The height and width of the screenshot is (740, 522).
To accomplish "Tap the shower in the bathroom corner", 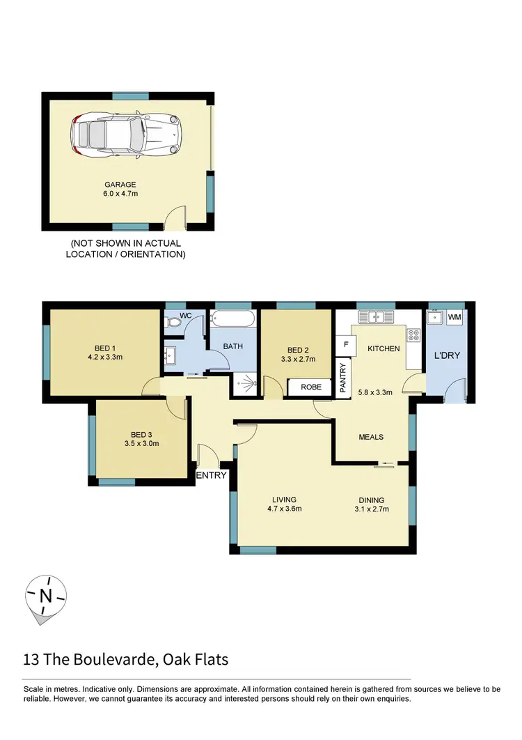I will pyautogui.click(x=245, y=381).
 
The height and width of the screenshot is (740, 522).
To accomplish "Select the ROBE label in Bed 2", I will pyautogui.click(x=310, y=387).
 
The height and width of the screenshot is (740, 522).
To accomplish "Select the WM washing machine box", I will pyautogui.click(x=455, y=318).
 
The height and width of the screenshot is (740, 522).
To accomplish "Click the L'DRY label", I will pyautogui.click(x=446, y=355).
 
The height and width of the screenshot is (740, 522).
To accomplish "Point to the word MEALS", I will pyautogui.click(x=371, y=437).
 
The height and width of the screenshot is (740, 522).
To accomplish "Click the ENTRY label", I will pyautogui.click(x=212, y=475).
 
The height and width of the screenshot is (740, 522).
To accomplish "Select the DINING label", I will pyautogui.click(x=371, y=500).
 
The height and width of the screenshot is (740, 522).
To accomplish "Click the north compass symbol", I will pyautogui.click(x=46, y=596).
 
